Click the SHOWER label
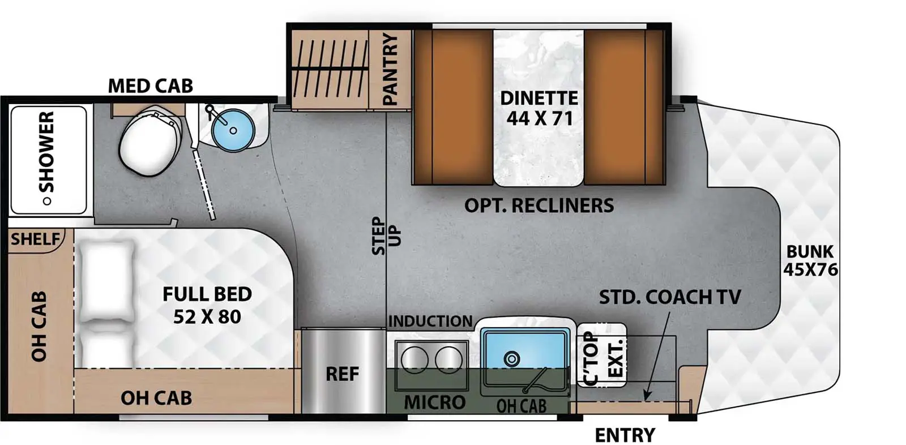click(46, 152)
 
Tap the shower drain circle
click(47, 201)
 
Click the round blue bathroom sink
click(233, 130)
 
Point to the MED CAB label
click(150, 86)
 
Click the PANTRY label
click(390, 69)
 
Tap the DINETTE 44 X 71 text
click(539, 108)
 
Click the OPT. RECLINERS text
click(539, 206)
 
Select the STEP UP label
click(386, 236)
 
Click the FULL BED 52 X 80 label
click(207, 305)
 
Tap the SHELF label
click(35, 239)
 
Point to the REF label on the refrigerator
click(342, 374)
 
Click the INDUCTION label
click(430, 321)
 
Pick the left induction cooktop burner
click(414, 360)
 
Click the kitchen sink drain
click(512, 358)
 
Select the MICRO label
click(434, 403)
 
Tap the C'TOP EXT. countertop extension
click(602, 355)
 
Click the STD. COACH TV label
click(670, 297)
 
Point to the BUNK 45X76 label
click(810, 260)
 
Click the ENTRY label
click(625, 435)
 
